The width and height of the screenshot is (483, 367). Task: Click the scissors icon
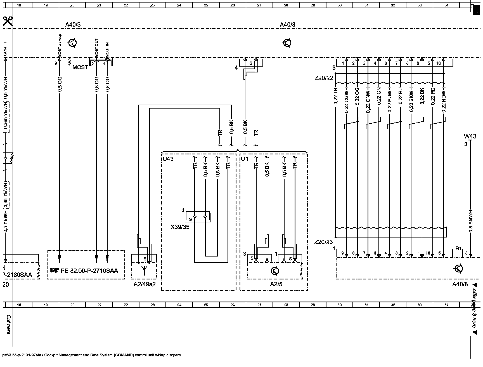tap(8, 21)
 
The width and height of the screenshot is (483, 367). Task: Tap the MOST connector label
tap(80, 67)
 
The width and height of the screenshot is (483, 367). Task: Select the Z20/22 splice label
tap(324, 78)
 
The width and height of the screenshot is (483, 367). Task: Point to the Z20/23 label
tap(324, 242)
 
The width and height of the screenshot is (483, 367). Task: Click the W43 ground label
tap(470, 137)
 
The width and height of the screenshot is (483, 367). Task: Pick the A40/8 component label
tap(460, 284)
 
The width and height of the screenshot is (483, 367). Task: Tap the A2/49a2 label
tap(144, 284)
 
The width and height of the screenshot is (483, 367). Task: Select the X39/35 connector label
tap(180, 227)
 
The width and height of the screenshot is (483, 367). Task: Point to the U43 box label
tap(168, 159)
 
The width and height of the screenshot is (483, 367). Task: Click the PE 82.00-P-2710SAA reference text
tap(89, 270)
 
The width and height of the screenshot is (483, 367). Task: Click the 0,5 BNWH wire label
tap(470, 221)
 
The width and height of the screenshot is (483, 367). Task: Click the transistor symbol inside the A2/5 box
tap(275, 271)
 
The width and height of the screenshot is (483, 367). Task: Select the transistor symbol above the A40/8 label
tap(459, 269)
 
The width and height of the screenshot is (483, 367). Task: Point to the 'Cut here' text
tap(9, 324)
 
